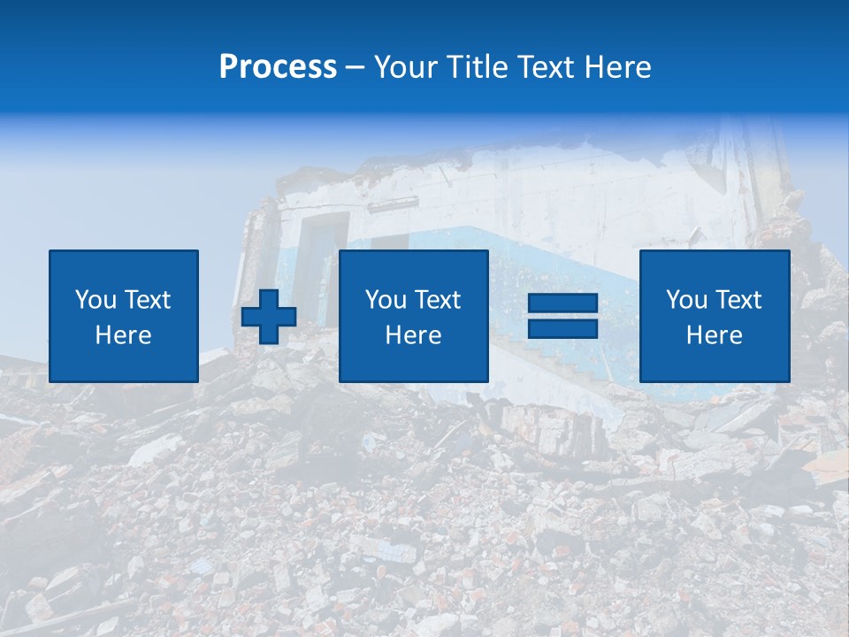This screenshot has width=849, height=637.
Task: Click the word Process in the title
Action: pyautogui.click(x=278, y=67)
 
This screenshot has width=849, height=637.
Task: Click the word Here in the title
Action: pyautogui.click(x=617, y=67)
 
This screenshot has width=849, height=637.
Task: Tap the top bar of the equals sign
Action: pyautogui.click(x=562, y=303)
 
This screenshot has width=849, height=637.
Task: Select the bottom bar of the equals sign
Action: pyautogui.click(x=562, y=328)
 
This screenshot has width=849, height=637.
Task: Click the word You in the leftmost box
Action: pyautogui.click(x=94, y=300)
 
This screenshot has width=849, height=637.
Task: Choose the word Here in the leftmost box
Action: pyautogui.click(x=123, y=335)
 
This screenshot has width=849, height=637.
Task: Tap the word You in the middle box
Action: pyautogui.click(x=385, y=300)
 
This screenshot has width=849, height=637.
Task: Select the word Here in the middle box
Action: pyautogui.click(x=413, y=335)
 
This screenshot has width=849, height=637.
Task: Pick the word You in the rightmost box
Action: pyautogui.click(x=685, y=300)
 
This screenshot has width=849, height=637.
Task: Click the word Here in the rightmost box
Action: pyautogui.click(x=714, y=335)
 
